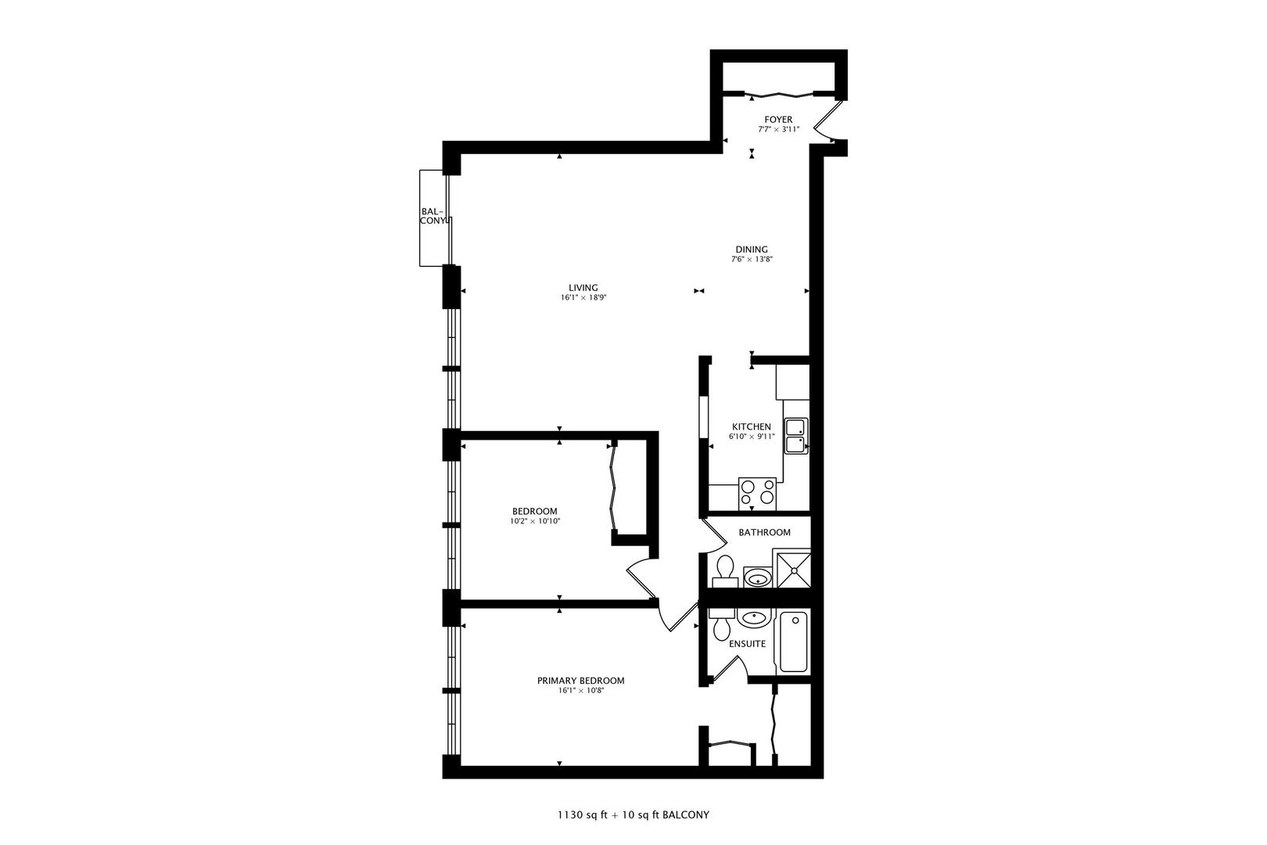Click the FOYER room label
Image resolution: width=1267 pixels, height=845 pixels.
tap(778, 120)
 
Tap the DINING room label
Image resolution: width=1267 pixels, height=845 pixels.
tap(752, 250)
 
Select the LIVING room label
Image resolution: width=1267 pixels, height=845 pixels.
tap(583, 287)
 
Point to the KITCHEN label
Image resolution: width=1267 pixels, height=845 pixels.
tap(752, 426)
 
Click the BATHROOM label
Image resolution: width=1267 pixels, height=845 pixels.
tap(764, 532)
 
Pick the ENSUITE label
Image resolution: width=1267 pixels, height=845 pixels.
tap(747, 644)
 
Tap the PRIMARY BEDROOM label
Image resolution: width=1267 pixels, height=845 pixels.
tap(580, 681)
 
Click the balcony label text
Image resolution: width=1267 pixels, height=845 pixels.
tap(433, 216)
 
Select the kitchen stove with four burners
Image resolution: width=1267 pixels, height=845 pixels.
tap(757, 493)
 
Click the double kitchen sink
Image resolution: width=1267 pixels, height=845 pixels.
tap(796, 436)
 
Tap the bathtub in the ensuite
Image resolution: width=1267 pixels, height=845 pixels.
tap(793, 642)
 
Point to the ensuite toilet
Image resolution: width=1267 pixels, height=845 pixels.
tap(721, 624)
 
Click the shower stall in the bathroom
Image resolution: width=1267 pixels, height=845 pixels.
tap(791, 568)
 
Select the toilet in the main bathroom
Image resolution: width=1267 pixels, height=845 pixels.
tap(724, 570)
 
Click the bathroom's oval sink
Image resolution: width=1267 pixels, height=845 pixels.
tap(756, 578)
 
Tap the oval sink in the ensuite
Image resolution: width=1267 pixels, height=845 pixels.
tap(753, 619)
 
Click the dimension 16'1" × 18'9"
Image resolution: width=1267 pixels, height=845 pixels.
tap(583, 297)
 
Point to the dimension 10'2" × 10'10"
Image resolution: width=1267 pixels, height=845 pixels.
tap(535, 521)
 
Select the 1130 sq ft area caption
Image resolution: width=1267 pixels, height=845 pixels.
tap(583, 814)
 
